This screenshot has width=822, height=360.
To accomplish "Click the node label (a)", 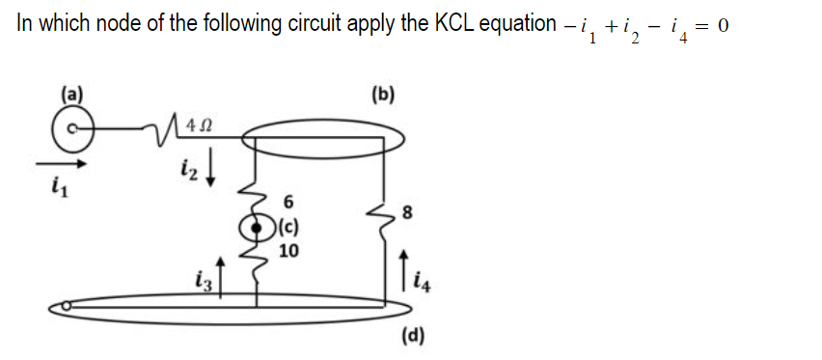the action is coord(73,96).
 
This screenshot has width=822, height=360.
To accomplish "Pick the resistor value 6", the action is coord(288,203).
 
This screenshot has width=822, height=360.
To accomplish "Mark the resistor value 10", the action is coord(288,252).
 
